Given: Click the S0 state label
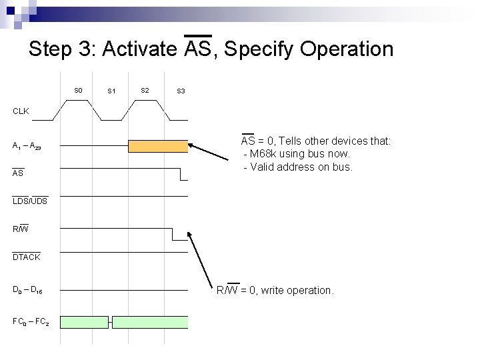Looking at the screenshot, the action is tap(78, 90).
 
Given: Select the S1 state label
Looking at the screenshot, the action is tap(111, 91).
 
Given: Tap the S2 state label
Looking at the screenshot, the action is tap(145, 90).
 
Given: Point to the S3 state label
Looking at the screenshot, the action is tap(181, 91).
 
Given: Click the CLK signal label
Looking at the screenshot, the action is tap(21, 111).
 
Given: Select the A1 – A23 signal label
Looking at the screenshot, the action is tap(27, 146).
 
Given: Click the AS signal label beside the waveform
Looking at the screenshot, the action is tap(18, 173).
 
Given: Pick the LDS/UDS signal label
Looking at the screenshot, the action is tap(30, 201).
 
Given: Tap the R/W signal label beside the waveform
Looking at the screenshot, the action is tap(21, 229).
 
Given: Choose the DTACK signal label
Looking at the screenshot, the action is tap(26, 257).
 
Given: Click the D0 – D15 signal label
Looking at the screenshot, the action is tap(27, 291).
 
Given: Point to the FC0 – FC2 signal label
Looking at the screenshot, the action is tap(30, 322).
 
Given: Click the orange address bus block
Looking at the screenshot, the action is tap(158, 146).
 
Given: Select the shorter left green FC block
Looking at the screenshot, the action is tap(84, 322).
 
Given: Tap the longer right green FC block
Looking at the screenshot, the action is tap(150, 322).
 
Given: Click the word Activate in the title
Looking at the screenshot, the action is tap(140, 49).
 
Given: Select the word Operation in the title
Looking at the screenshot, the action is tap(347, 49).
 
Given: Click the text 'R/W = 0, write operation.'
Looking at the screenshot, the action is tap(275, 290).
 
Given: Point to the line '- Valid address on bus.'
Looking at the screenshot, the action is tap(297, 167).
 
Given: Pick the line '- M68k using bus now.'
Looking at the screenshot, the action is tap(296, 154).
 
